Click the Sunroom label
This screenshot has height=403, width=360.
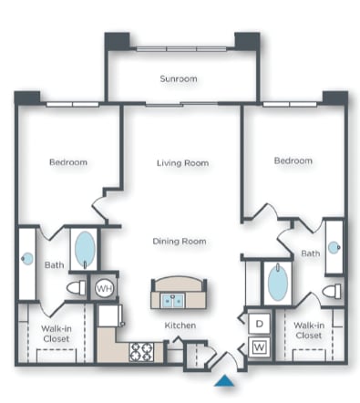[180, 79]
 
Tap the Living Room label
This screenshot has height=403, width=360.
[182, 163]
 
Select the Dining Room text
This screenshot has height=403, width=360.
[179, 242]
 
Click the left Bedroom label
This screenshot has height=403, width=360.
[68, 162]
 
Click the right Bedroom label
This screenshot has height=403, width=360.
[293, 160]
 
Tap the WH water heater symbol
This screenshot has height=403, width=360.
[105, 288]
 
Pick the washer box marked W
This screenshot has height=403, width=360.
[258, 346]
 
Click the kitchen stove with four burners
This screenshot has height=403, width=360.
[141, 350]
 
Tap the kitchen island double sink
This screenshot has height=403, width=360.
[172, 299]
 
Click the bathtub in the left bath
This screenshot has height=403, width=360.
[84, 247]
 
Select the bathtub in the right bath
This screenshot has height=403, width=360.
[277, 283]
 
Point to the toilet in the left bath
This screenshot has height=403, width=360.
[77, 288]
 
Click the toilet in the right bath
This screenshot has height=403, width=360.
[332, 291]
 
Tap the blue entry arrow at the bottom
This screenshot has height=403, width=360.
[223, 382]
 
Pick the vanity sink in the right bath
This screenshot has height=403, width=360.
[334, 246]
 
